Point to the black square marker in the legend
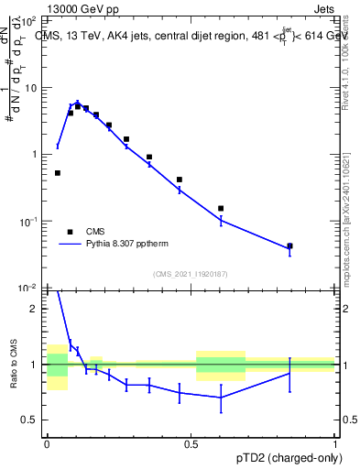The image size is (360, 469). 69,232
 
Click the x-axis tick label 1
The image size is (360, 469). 335,442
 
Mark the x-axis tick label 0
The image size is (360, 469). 47,442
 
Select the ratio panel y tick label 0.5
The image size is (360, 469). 30,420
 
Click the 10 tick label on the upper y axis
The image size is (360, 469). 31,88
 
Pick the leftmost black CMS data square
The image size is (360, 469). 57,172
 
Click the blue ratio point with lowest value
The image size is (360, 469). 221,397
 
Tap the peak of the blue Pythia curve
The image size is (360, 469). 78,104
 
